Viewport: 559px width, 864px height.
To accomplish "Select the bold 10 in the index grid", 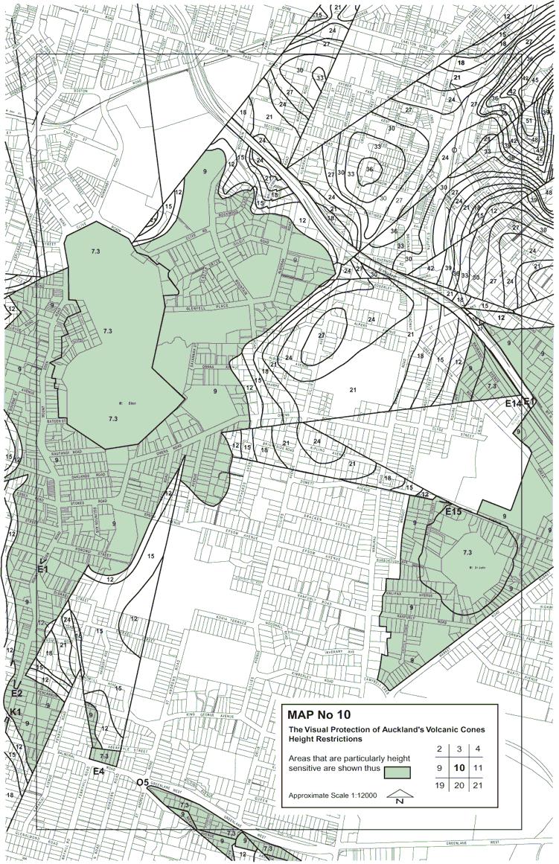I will click(x=459, y=767).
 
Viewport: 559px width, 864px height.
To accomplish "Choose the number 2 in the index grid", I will click(x=440, y=749).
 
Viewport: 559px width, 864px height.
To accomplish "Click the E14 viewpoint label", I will click(x=512, y=403).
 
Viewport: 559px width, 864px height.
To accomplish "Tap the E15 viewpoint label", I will click(x=453, y=511).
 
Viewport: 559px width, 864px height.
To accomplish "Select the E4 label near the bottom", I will click(x=98, y=772).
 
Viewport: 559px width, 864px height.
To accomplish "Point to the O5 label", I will click(x=143, y=782).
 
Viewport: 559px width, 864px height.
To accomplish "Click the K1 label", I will click(x=15, y=713).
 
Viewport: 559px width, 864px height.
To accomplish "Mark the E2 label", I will click(x=16, y=694).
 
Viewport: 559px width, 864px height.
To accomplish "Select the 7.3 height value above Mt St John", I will click(x=467, y=553).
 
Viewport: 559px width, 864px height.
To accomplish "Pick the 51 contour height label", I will click(x=529, y=121).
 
